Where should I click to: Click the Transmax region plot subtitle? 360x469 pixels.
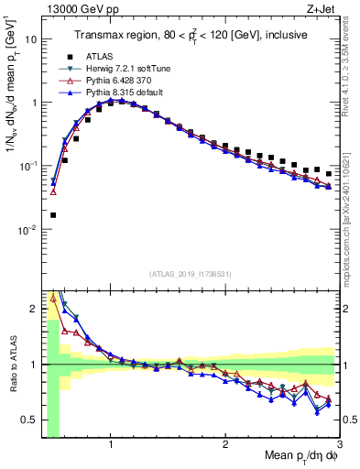[190, 34]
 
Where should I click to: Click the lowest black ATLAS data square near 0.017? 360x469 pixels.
[53, 215]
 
